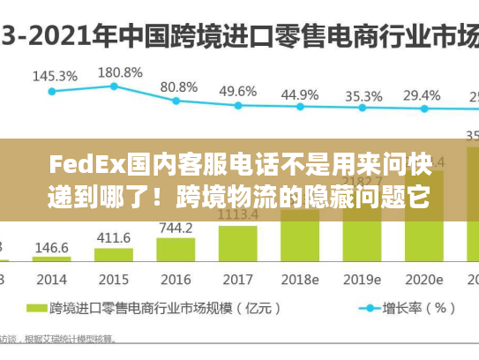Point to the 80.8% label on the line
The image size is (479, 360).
[178, 87]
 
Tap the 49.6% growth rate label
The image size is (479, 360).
[238, 91]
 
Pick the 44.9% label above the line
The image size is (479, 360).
[300, 94]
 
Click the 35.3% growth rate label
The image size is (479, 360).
[363, 95]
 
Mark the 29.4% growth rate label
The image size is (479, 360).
[422, 95]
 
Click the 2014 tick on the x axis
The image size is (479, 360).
[52, 279]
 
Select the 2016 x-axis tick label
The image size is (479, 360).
[176, 279]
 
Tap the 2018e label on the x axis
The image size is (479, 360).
[300, 279]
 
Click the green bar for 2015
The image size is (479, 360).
[113, 255]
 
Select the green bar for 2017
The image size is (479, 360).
[237, 244]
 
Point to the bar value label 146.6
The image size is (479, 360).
[52, 249]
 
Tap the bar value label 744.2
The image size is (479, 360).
[176, 228]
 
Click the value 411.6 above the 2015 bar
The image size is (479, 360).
[113, 238]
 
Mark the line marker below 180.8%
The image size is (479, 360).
[114, 86]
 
